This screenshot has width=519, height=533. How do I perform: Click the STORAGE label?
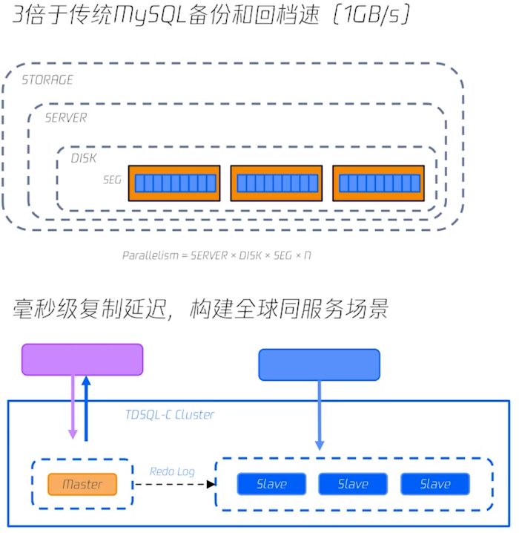(47, 80)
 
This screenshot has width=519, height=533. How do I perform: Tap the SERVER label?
(66, 118)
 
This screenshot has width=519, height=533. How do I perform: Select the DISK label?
(84, 158)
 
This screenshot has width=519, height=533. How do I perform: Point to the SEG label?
(112, 180)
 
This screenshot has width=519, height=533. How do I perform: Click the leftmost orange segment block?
(175, 183)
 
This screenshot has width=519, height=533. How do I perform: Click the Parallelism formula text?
(216, 255)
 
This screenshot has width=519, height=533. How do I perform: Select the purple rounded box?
(82, 359)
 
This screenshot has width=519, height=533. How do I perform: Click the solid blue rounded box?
(319, 364)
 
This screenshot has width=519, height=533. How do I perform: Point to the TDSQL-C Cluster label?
(170, 415)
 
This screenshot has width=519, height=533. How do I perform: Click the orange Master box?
(82, 484)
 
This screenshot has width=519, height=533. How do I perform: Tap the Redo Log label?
(172, 471)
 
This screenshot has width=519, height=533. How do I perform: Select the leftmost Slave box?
(271, 484)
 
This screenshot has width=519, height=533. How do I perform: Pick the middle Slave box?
(353, 484)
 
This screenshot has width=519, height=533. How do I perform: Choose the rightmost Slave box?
(435, 484)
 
